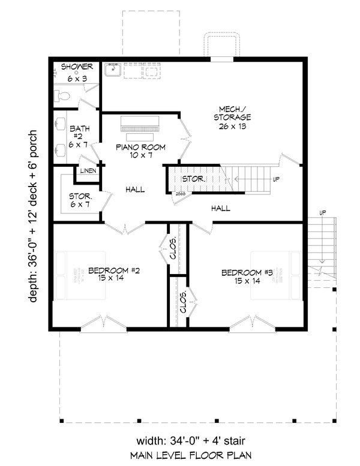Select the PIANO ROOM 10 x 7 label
pyautogui.click(x=140, y=151)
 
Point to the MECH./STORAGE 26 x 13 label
pyautogui.click(x=230, y=118)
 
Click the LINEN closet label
pyautogui.click(x=87, y=172)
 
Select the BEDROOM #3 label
pyautogui.click(x=247, y=277)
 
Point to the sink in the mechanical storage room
pyautogui.click(x=112, y=71)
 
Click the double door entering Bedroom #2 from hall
pyautogui.click(x=125, y=228)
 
